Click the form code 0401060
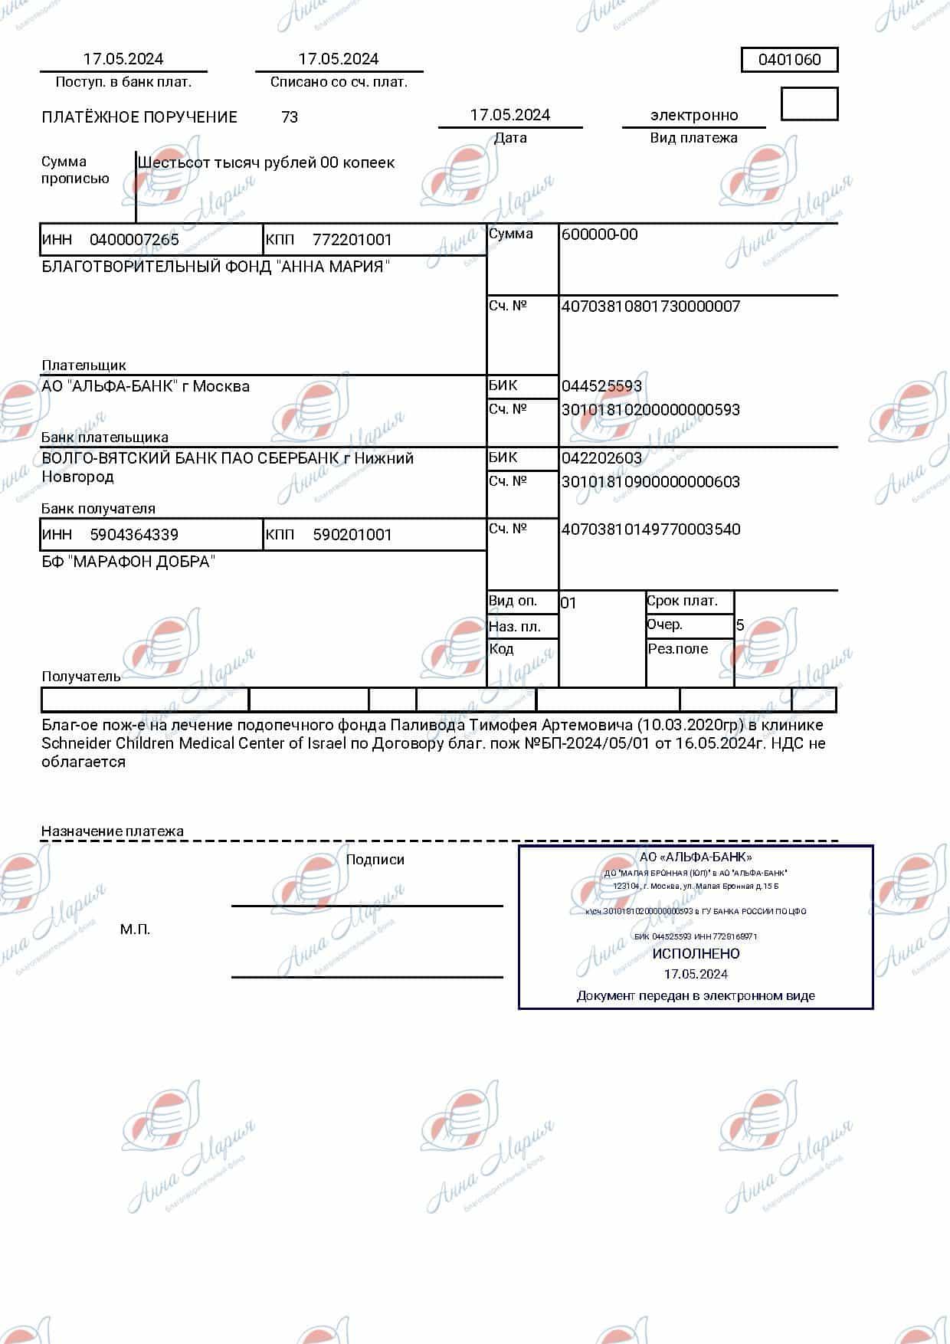789,60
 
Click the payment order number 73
290,117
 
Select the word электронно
694,116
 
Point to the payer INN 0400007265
134,240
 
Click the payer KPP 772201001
352,240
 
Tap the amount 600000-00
599,234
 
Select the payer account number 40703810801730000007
650,306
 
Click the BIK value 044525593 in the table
601,386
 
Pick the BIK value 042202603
601,458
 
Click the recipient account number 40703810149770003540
650,529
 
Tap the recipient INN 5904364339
134,535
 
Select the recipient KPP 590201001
352,535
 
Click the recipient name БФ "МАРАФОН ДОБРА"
128,562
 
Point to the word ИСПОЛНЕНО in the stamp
696,954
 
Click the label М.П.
135,929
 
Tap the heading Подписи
375,860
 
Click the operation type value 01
568,603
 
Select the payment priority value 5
740,625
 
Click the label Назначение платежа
112,831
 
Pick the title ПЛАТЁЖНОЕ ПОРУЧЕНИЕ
139,117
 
